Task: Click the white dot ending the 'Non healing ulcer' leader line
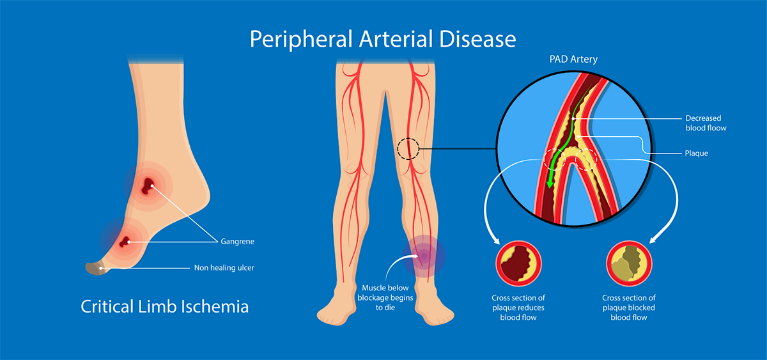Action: (101, 268)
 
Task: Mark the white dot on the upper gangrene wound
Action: (152, 185)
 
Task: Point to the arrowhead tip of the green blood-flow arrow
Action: (549, 188)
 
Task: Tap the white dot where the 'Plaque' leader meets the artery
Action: (578, 137)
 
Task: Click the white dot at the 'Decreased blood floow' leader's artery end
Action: (573, 119)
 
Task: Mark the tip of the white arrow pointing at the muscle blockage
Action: (419, 256)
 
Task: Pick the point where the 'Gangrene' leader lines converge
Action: (218, 242)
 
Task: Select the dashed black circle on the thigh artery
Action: (408, 148)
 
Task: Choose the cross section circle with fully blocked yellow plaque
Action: (629, 263)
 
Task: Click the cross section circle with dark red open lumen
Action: (518, 263)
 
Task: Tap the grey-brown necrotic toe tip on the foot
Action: (95, 269)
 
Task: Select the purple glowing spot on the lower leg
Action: (424, 256)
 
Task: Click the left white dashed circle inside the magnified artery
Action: (554, 159)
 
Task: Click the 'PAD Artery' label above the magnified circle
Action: (573, 59)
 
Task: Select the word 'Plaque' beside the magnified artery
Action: (697, 153)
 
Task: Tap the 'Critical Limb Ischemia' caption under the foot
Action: (165, 306)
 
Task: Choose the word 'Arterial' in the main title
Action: (396, 39)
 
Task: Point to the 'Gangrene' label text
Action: (237, 242)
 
